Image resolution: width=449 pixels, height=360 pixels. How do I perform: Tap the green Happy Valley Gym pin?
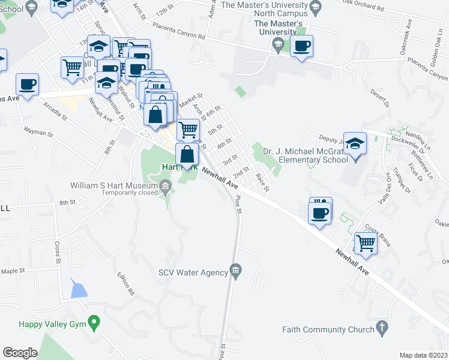(94, 324)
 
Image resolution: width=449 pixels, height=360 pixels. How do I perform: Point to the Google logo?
(20, 353)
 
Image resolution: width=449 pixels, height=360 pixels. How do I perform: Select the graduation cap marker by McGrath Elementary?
(355, 144)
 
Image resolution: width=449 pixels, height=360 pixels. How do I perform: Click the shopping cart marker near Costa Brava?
(365, 243)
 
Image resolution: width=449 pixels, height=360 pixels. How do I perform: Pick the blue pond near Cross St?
(78, 289)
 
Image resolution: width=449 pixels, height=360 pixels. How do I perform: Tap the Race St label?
(262, 181)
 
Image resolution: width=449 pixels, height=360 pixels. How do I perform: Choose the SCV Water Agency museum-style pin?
(236, 272)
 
